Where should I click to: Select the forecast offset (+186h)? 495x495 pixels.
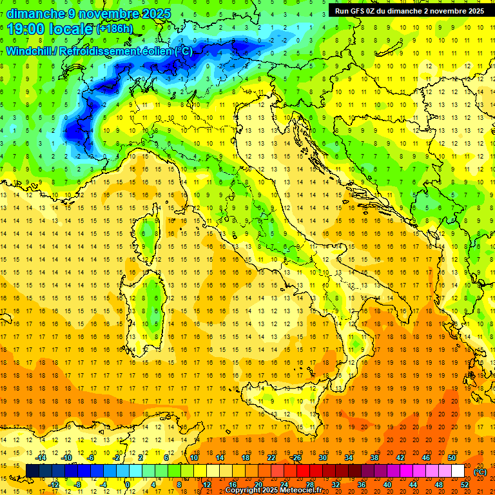point(115,29)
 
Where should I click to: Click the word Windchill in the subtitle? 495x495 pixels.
point(32,51)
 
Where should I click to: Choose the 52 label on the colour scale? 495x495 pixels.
point(465,484)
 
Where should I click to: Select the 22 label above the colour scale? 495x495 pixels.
point(271,458)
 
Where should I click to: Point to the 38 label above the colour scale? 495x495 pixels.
point(374,458)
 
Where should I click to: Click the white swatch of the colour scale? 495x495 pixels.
point(458,471)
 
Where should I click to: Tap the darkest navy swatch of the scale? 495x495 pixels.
point(32,471)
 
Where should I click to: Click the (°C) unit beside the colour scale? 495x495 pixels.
point(480,471)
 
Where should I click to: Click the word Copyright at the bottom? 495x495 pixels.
point(245,490)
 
